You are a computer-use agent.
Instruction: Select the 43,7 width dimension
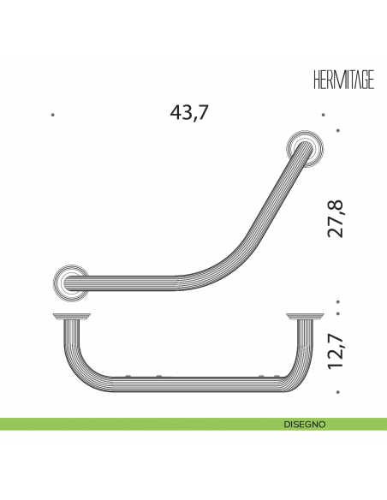tap(190, 112)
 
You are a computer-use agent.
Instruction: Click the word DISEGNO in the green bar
tap(305, 424)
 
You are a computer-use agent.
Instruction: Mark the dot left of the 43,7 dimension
tap(53, 114)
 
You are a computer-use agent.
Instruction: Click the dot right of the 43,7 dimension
tap(323, 114)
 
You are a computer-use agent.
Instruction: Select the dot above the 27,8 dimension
tap(340, 131)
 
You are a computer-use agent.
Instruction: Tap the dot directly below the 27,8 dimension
tap(340, 301)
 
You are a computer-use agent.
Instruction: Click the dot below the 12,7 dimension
tap(340, 392)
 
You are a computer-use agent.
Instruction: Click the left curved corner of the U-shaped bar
tap(75, 370)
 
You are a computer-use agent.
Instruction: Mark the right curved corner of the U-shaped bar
tap(295, 370)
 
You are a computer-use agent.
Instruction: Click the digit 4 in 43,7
tap(178, 112)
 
